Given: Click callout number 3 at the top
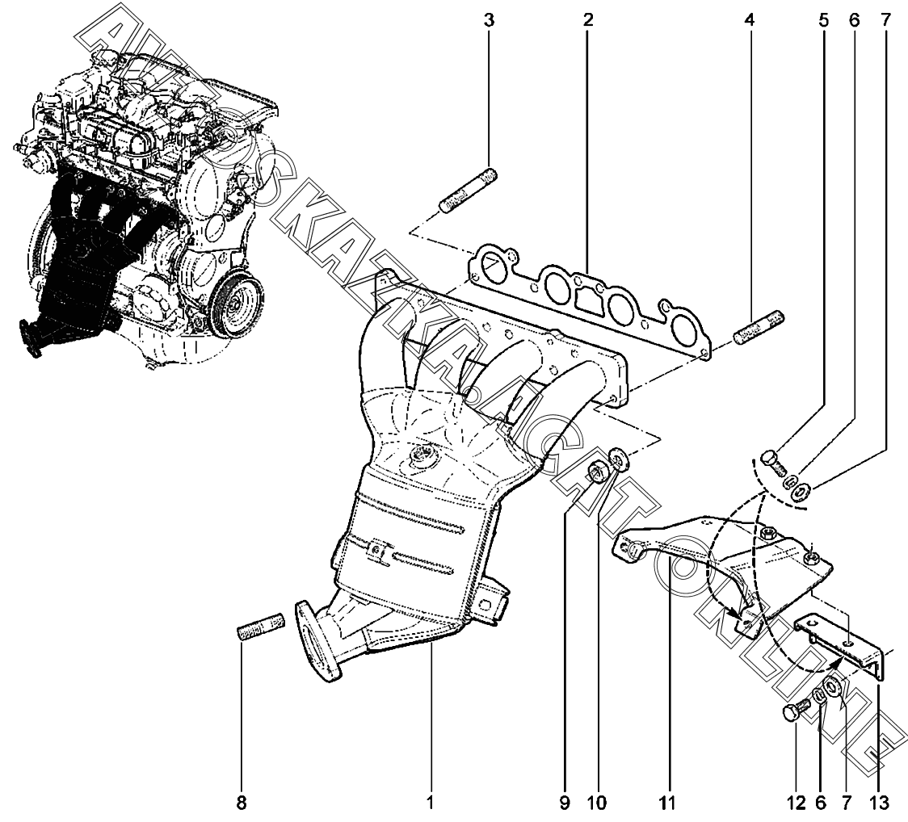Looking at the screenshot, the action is [x=490, y=21].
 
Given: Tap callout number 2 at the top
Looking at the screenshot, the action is [x=588, y=21].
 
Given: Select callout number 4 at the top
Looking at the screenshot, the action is [x=750, y=21].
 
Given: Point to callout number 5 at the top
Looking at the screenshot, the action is [x=823, y=21].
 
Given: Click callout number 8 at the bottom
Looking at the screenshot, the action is [x=242, y=803].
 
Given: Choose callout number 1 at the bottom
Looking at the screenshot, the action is [x=430, y=803].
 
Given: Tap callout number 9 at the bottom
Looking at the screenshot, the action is [x=565, y=803].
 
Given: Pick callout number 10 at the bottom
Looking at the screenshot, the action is [x=597, y=803].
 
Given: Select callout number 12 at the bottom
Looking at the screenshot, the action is [x=797, y=803].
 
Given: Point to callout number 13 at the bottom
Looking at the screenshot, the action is [x=878, y=803].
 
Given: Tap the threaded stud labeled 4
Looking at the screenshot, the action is [x=759, y=328].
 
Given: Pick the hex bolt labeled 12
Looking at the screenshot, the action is [x=798, y=708].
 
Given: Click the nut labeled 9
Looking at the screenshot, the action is [x=596, y=472].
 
